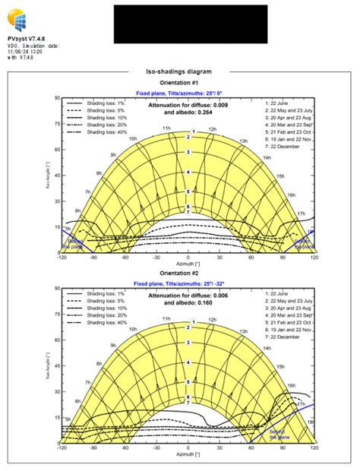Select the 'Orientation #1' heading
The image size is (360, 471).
coord(179,82)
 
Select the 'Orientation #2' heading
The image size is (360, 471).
coord(179,273)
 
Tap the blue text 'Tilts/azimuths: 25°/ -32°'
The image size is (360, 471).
coord(199,283)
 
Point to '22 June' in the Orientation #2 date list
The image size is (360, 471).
coord(280,293)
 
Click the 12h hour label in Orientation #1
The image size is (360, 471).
coord(213,129)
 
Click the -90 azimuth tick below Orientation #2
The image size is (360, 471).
coord(95,449)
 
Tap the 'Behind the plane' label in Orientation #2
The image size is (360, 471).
coord(278,433)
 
